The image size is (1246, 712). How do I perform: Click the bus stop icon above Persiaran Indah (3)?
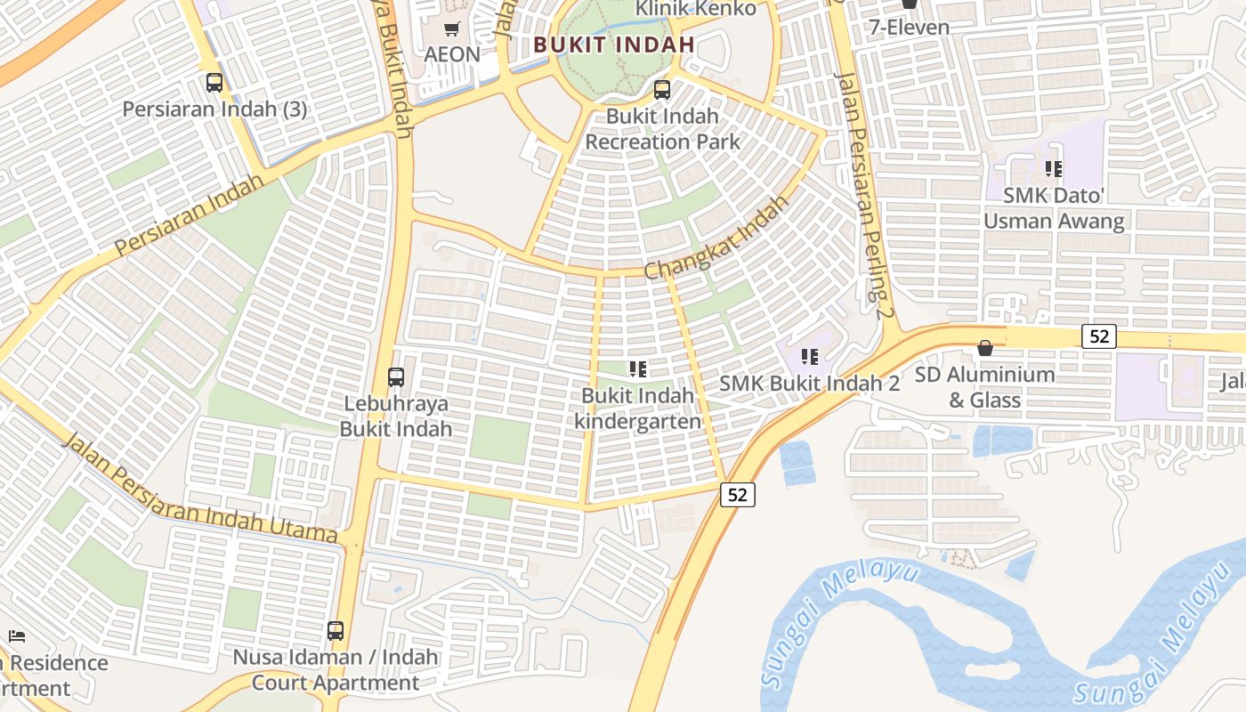pyautogui.click(x=214, y=83)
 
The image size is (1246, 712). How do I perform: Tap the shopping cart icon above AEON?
pyautogui.click(x=451, y=29)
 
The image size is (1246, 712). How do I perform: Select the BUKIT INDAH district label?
pyautogui.click(x=613, y=44)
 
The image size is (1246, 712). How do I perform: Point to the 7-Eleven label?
pyautogui.click(x=910, y=27)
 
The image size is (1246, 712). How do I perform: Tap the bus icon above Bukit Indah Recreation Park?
pyautogui.click(x=661, y=90)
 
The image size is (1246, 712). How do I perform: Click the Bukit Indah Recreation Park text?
pyautogui.click(x=662, y=129)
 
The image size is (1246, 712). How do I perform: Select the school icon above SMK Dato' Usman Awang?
pyautogui.click(x=1054, y=168)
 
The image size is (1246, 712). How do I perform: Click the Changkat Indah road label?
pyautogui.click(x=716, y=238)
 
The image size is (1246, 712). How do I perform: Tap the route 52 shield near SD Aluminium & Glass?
pyautogui.click(x=1099, y=336)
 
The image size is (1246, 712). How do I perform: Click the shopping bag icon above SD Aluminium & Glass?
pyautogui.click(x=985, y=348)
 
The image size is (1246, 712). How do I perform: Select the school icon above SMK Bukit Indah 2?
pyautogui.click(x=809, y=357)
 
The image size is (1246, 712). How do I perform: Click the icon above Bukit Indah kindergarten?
pyautogui.click(x=637, y=368)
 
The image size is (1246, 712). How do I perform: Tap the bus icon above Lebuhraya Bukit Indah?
pyautogui.click(x=396, y=377)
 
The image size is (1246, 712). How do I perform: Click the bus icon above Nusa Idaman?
pyautogui.click(x=336, y=631)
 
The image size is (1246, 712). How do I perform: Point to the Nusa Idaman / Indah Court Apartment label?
pyautogui.click(x=336, y=670)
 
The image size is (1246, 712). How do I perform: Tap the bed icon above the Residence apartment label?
pyautogui.click(x=16, y=636)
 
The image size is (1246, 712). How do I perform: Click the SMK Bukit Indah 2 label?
pyautogui.click(x=809, y=384)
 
